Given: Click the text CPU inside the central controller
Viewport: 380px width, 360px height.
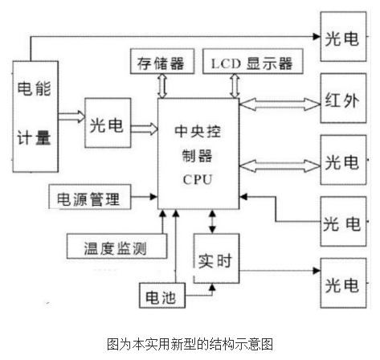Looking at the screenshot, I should coord(198,178).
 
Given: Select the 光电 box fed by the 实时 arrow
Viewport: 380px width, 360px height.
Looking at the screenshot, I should coord(341,283).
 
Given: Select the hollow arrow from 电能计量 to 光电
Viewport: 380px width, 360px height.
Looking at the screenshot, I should coord(71,116).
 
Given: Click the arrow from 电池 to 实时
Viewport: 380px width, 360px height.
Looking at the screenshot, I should coord(201,295).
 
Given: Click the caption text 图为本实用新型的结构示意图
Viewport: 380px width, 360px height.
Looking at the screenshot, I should coord(190,344).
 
